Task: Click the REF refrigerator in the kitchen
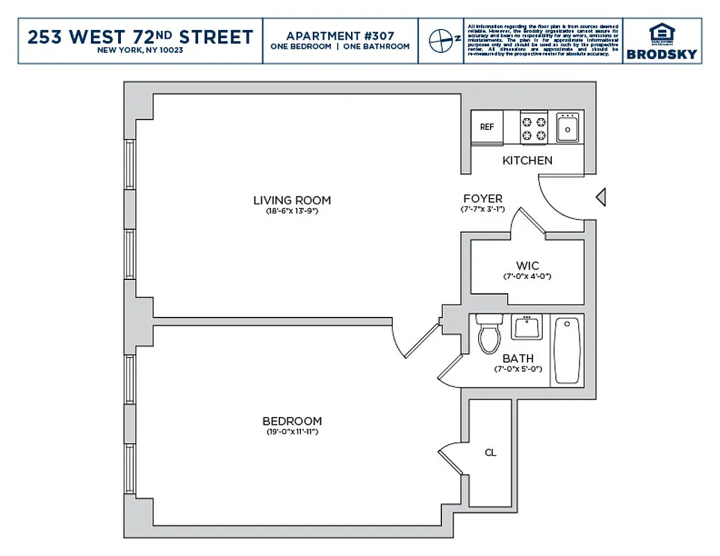(487, 127)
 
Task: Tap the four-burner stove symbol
(534, 127)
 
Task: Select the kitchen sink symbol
(568, 127)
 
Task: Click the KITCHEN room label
(527, 161)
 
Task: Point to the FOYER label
(483, 199)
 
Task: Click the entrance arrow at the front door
(601, 198)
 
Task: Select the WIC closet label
(527, 265)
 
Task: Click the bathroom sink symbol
(526, 327)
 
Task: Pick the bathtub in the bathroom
(568, 350)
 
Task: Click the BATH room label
(518, 359)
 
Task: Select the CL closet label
(491, 452)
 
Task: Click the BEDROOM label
(292, 421)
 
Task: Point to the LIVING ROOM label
(292, 200)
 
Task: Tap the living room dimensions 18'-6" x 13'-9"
(292, 211)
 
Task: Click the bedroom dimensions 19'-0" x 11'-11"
(292, 432)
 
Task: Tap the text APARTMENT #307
(340, 36)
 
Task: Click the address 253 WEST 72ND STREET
(140, 37)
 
